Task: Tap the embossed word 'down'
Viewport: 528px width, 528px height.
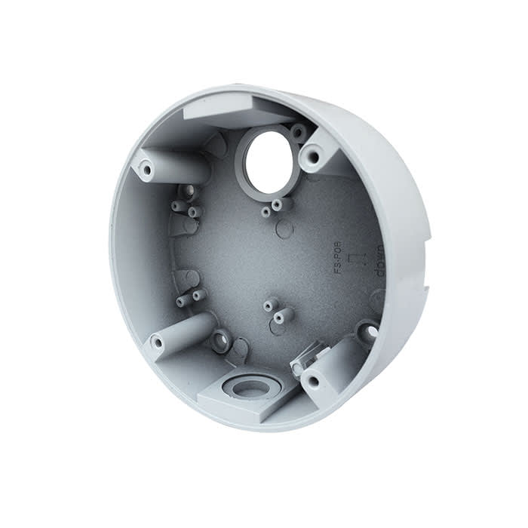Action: click(x=379, y=264)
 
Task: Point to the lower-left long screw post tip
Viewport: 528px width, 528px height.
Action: click(x=157, y=343)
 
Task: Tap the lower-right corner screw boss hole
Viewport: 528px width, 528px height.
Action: click(x=312, y=382)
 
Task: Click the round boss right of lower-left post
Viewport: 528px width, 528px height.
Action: click(x=222, y=340)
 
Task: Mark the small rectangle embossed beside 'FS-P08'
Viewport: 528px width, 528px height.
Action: click(x=360, y=257)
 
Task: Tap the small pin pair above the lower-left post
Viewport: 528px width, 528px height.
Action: click(x=189, y=298)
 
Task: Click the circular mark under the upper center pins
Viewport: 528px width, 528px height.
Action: click(x=284, y=229)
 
